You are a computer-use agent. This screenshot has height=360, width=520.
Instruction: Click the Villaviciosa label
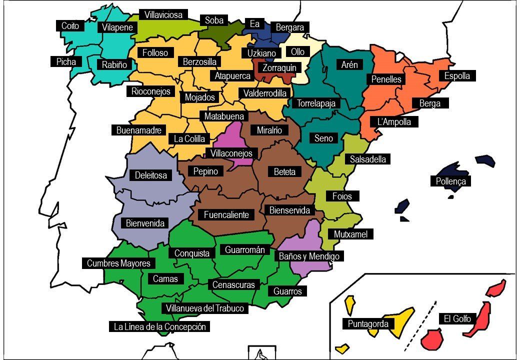tap(163, 15)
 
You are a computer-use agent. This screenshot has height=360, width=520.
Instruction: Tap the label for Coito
tap(70, 26)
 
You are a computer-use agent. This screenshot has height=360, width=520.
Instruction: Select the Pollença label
tap(451, 181)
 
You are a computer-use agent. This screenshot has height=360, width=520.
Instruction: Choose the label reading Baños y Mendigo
tap(309, 256)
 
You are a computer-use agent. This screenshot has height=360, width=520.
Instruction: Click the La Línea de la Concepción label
tap(159, 327)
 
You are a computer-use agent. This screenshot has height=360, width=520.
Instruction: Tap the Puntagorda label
tap(368, 323)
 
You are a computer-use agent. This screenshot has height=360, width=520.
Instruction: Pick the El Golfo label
tap(457, 318)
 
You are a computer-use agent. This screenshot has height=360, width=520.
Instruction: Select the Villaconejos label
tap(231, 153)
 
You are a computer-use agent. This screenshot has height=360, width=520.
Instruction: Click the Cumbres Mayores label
tap(118, 263)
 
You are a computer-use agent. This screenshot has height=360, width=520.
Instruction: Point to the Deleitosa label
tap(151, 175)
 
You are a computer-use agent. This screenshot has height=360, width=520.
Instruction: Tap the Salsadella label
tap(368, 159)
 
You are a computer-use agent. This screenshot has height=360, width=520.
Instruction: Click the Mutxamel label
tap(350, 234)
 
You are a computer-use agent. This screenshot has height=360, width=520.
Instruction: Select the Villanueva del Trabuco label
tap(205, 308)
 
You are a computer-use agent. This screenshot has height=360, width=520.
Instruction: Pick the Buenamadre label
tap(138, 130)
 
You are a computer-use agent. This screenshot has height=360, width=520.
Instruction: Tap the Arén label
tap(349, 65)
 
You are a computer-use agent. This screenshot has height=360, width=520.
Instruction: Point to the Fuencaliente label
tap(226, 215)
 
